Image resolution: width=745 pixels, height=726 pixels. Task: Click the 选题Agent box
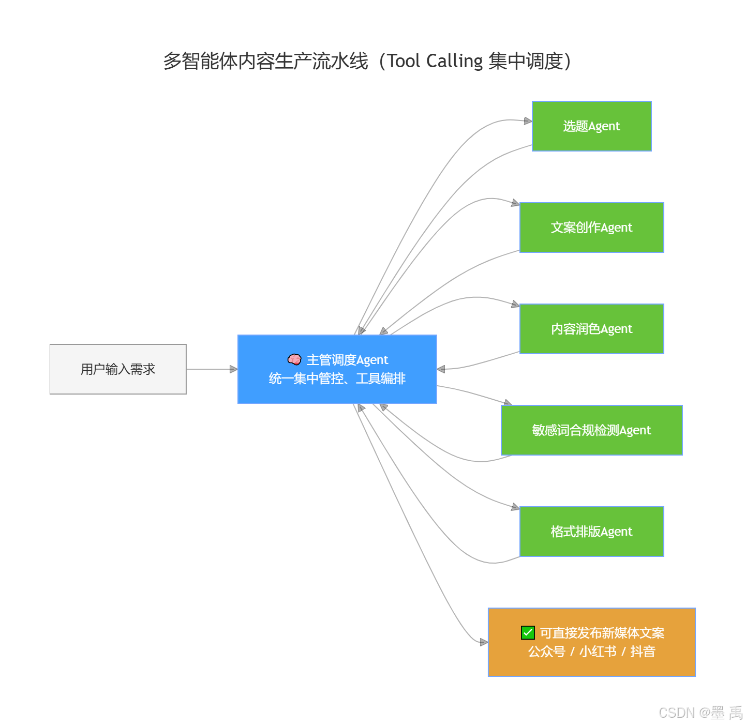[x=591, y=126]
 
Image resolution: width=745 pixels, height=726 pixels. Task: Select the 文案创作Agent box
[x=591, y=228]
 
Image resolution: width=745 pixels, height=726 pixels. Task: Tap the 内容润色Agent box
[x=591, y=329]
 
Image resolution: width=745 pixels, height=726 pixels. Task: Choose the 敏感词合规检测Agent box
[x=591, y=430]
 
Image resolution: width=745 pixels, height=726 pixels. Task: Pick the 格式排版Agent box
[x=591, y=532]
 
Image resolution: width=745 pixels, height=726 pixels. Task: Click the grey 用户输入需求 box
[x=118, y=369]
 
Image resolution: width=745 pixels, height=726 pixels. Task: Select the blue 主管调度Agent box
[x=337, y=369]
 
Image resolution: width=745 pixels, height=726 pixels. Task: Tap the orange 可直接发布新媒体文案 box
[x=591, y=642]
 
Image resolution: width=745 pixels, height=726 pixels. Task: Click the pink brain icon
[x=294, y=359]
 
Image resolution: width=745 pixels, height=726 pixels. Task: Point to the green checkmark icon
[x=528, y=632]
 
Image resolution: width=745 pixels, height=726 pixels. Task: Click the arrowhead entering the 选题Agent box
[x=528, y=121]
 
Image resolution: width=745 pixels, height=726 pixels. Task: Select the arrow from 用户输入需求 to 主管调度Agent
[x=211, y=369]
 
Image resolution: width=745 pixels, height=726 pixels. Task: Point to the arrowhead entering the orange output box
[x=484, y=642]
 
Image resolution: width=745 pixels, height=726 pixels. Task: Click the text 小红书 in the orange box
[x=598, y=652]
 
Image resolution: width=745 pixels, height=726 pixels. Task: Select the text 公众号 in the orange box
[x=546, y=652]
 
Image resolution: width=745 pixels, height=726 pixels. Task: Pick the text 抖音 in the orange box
[x=643, y=652]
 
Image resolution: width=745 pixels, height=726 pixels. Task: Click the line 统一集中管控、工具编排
[x=337, y=379]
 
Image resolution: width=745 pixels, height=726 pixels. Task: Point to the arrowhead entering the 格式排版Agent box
[x=515, y=507]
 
